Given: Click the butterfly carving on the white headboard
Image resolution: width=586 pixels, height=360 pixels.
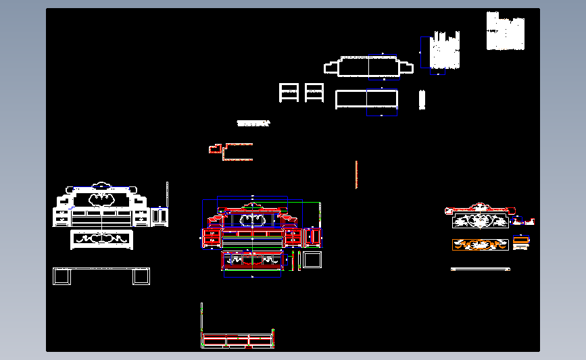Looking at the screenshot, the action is tap(101, 198).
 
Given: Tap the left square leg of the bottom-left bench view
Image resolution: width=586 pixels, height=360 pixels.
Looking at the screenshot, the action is tap(62, 276).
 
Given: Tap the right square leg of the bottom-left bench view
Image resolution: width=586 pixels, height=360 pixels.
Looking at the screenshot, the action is tap(141, 276).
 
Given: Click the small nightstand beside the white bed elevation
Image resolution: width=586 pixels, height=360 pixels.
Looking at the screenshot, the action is tap(160, 217).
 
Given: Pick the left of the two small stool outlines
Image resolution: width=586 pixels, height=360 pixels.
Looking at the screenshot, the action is tap(289, 93).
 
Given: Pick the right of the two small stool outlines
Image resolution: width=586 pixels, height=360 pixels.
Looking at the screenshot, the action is tap(314, 93).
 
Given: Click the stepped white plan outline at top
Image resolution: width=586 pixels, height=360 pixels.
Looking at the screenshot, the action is tap(368, 67).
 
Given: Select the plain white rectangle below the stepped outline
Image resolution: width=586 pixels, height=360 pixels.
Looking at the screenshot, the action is tap(367, 99).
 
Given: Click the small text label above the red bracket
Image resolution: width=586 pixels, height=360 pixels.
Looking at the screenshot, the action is tap(253, 124).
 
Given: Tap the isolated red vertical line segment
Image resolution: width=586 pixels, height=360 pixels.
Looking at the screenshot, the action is tap(356, 174).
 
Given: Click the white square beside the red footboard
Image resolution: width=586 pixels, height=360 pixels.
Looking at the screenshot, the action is tap(312, 259).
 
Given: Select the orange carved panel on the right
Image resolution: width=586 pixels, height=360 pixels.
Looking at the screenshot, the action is tap(480, 245).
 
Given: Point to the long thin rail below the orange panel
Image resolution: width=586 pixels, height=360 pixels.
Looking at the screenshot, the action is tap(480, 269).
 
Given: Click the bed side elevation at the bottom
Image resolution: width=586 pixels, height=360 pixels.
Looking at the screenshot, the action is tap(238, 340).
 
